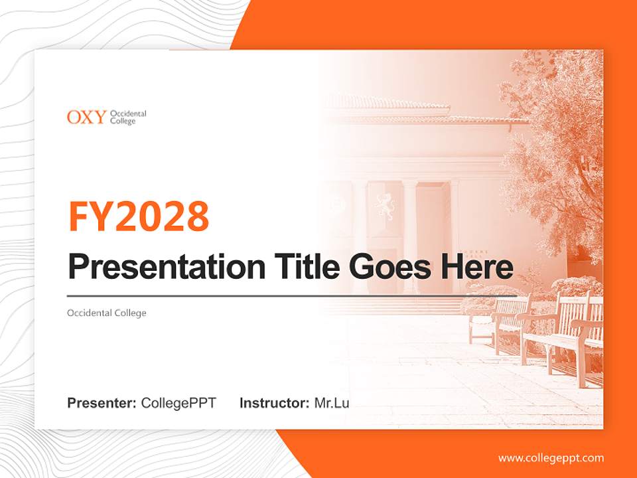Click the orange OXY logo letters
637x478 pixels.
pos(86,118)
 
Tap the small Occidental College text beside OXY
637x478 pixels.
pos(127,118)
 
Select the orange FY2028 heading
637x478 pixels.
pos(139,216)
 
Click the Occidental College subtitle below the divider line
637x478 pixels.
pos(106,313)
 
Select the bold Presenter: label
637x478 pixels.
pos(102,403)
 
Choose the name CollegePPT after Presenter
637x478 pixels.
pos(178,403)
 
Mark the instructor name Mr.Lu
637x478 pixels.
pos(332,403)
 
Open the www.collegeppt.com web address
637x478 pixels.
pos(551,458)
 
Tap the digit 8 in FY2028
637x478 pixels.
pos(196,216)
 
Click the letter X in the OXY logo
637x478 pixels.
pos(87,118)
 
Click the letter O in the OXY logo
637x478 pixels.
pos(73,118)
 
